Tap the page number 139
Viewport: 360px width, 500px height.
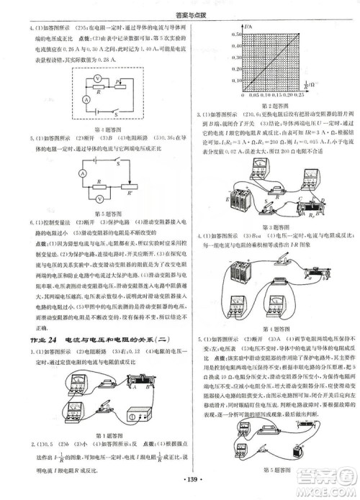click(x=180, y=476)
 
